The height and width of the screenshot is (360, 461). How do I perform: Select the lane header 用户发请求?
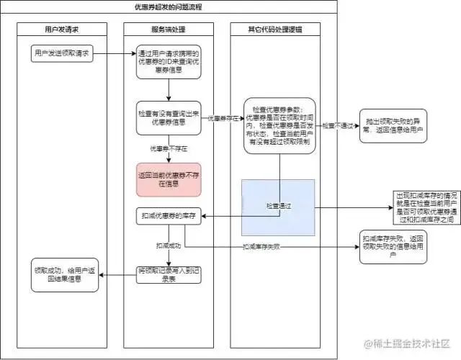[x=61, y=30]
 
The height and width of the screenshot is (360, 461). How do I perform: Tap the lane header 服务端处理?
[x=169, y=30]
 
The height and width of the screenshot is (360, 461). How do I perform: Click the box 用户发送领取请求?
[x=61, y=54]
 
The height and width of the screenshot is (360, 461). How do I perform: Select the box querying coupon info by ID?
[x=169, y=62]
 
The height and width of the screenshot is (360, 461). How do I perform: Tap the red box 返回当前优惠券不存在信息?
[x=169, y=179]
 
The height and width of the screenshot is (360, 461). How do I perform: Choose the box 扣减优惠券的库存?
[x=169, y=216]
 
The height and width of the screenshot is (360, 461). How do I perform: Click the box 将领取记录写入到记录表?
[x=169, y=274]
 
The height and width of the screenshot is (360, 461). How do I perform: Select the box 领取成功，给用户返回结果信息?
[x=65, y=274]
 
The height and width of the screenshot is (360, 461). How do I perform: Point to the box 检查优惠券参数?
[x=279, y=126]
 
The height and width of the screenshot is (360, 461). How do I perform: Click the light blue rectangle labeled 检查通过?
[x=279, y=207]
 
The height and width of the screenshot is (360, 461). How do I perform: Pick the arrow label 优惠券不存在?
[x=168, y=149]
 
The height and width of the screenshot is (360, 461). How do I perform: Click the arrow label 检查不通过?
[x=338, y=125]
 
